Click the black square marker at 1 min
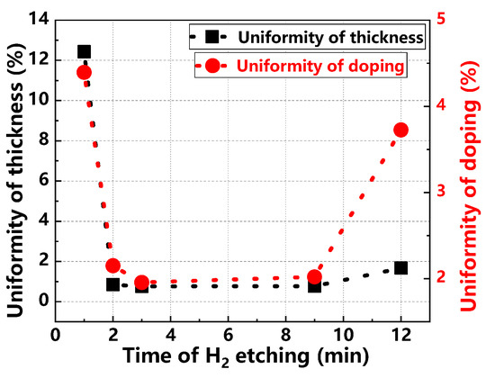pyautogui.click(x=85, y=52)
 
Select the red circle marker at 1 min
pyautogui.click(x=84, y=73)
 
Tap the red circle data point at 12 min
pyautogui.click(x=400, y=130)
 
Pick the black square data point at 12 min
pyautogui.click(x=400, y=267)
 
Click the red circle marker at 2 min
pyautogui.click(x=113, y=265)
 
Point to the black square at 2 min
pyautogui.click(x=113, y=284)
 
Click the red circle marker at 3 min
pyautogui.click(x=141, y=283)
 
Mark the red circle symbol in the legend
pyautogui.click(x=211, y=65)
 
